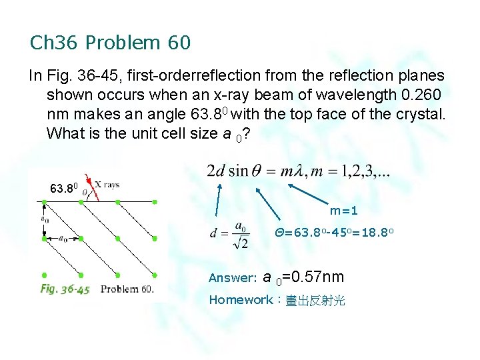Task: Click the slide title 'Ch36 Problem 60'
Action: click(x=111, y=43)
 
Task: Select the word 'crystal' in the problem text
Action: click(x=418, y=114)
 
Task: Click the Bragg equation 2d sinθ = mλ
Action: click(x=299, y=171)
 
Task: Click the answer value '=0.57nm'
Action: click(x=313, y=277)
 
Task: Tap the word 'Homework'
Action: click(x=241, y=300)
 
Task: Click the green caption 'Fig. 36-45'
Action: click(x=65, y=289)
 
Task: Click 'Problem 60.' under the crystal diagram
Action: click(x=127, y=289)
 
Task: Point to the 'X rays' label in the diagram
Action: click(x=107, y=185)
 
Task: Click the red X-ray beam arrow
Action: click(x=93, y=191)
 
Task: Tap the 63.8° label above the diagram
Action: click(x=65, y=189)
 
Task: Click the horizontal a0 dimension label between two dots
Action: click(x=62, y=238)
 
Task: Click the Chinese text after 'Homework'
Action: click(x=315, y=301)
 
